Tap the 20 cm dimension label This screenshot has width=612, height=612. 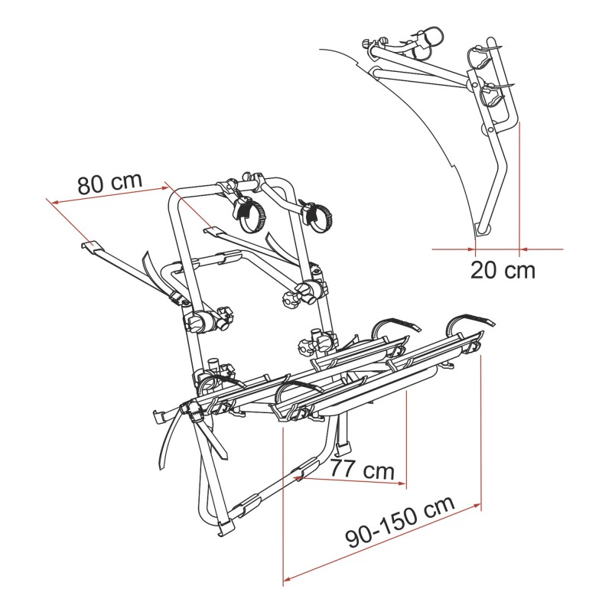tap(503, 270)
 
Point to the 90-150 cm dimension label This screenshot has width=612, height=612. tap(400, 522)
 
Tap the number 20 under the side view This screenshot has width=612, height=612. tap(484, 270)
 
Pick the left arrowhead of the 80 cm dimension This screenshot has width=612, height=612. tap(54, 202)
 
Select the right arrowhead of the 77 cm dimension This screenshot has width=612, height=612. tap(401, 483)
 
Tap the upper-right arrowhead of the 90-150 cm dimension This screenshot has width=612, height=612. tap(477, 506)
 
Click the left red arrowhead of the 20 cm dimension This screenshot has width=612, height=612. tap(471, 249)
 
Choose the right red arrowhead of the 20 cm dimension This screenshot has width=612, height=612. tap(524, 249)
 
